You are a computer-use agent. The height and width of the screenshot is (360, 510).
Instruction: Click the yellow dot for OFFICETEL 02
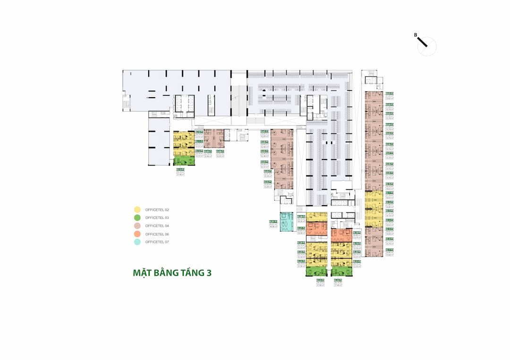point(137,209)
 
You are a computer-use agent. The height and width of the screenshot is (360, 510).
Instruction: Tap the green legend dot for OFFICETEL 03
point(137,218)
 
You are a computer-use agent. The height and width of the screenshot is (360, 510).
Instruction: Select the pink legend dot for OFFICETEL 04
point(137,226)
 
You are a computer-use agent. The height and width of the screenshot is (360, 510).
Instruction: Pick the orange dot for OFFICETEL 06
point(137,234)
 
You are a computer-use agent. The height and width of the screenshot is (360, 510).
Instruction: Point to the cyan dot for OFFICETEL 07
point(137,242)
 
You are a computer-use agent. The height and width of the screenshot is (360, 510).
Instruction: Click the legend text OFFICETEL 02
point(157,209)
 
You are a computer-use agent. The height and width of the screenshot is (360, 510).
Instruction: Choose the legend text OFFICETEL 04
point(157,226)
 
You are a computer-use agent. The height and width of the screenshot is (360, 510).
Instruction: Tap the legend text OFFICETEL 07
point(157,242)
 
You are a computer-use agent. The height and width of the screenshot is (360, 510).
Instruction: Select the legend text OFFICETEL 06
point(157,234)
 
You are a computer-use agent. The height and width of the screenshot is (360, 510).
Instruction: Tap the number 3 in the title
point(209,273)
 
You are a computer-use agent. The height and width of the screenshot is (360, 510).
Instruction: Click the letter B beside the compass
point(416,35)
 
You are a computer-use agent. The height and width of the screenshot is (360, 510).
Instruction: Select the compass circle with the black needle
point(427,46)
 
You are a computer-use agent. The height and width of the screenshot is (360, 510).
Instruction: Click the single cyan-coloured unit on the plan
point(287,221)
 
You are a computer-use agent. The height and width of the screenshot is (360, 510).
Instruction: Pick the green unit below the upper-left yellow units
point(184,161)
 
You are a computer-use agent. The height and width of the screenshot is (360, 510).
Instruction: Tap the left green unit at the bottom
point(316,271)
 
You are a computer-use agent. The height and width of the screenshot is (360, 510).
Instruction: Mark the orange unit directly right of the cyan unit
point(317,229)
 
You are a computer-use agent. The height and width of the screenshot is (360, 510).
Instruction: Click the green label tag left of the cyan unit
point(273,221)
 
